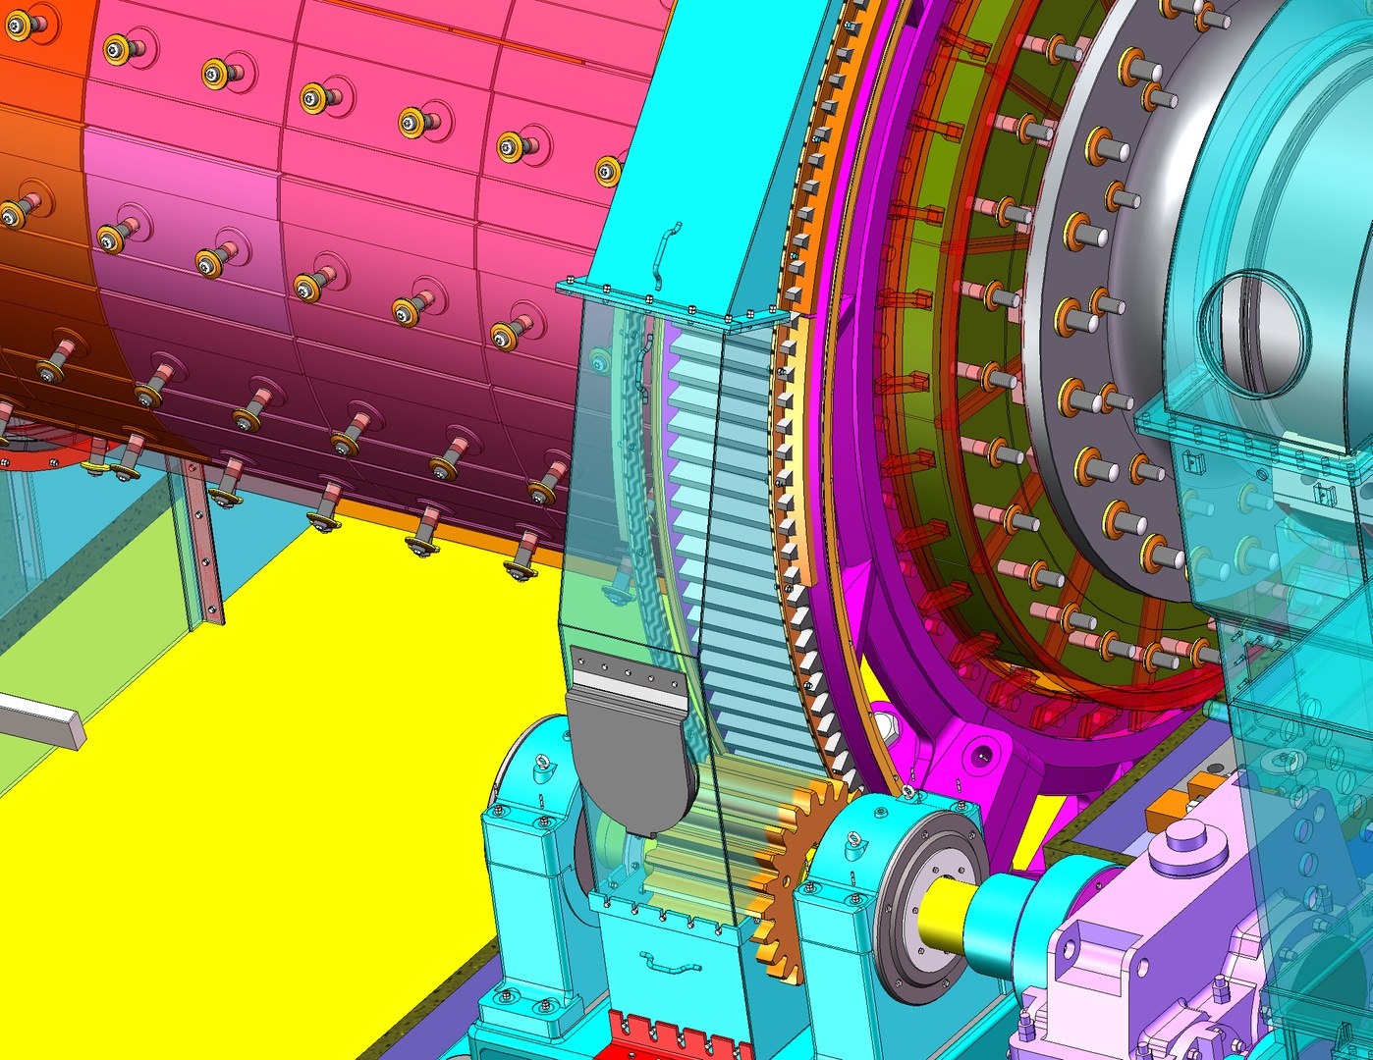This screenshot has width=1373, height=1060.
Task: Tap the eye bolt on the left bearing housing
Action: [x=540, y=766]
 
